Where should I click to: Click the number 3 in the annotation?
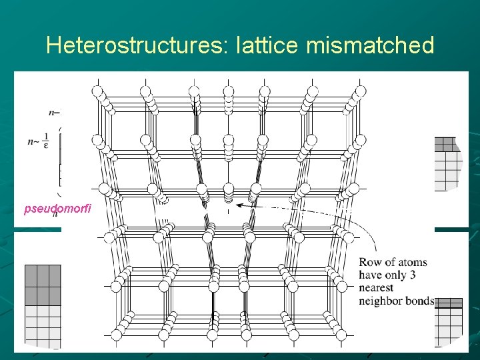tap(421, 275)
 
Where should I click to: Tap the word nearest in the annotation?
tap(376, 288)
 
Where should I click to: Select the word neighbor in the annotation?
tap(382, 301)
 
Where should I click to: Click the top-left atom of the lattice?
tap(97, 91)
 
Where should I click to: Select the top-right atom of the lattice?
tap(361, 91)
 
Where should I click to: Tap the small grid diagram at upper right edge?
tap(447, 163)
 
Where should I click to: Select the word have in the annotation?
tap(371, 275)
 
